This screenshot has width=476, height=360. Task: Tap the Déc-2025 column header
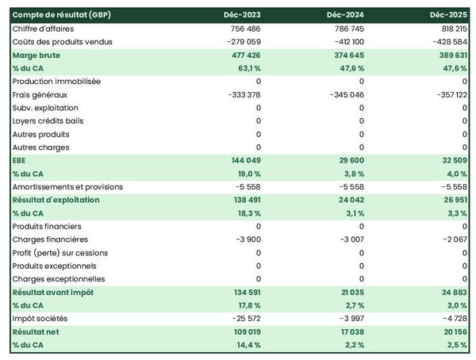click(x=448, y=15)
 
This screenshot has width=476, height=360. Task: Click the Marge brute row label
click(x=36, y=56)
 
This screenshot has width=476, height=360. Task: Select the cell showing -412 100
click(x=345, y=41)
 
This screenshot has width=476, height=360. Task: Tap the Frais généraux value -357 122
click(x=447, y=94)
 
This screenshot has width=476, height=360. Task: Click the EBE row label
click(x=20, y=160)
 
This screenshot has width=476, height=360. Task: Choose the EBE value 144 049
click(x=243, y=160)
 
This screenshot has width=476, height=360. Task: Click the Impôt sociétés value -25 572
click(x=243, y=319)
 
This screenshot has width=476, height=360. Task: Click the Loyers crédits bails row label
click(x=48, y=121)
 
